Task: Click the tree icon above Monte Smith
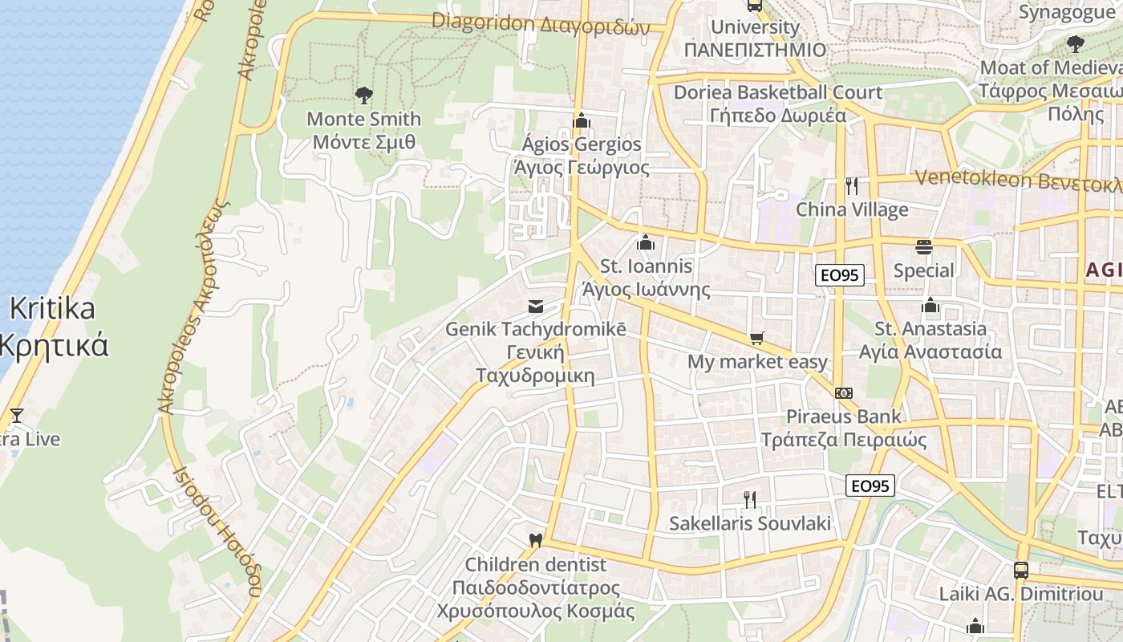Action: coord(364,96)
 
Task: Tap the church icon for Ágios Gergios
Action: coord(582,121)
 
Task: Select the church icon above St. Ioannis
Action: coord(646,242)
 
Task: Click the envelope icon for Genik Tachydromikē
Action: coord(535,307)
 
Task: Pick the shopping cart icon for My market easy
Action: coord(756,339)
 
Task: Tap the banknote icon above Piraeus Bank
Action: coord(843,393)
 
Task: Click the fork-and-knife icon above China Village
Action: coord(852,186)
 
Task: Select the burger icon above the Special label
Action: coord(923,247)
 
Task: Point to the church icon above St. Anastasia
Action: coord(930,305)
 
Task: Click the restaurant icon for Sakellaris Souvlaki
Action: coord(750,500)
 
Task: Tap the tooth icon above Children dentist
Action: coord(536,541)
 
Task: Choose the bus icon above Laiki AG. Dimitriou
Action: coord(1020,571)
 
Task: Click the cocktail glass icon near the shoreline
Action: coord(16,416)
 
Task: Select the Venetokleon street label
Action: coord(1019,180)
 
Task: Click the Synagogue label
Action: coord(1066,12)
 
